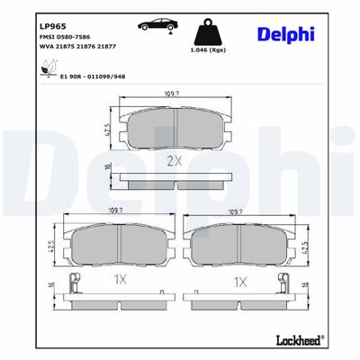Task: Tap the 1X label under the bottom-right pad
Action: point(240,281)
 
